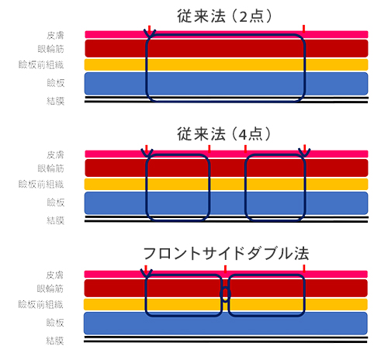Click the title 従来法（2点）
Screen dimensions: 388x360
pyautogui.click(x=224, y=16)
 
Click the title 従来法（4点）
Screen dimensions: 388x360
pyautogui.click(x=224, y=134)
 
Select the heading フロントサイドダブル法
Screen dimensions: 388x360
pyautogui.click(x=226, y=254)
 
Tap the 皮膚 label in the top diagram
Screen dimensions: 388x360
pyautogui.click(x=55, y=36)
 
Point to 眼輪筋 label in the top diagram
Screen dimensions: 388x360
pyautogui.click(x=50, y=49)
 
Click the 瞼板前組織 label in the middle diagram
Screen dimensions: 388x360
pyautogui.click(x=41, y=185)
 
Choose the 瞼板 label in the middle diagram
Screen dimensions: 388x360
pyautogui.click(x=56, y=202)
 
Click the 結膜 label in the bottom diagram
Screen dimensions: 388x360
pyautogui.click(x=55, y=341)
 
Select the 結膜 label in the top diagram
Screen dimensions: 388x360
pyautogui.click(x=55, y=101)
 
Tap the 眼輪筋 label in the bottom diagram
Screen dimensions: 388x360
pyautogui.click(x=50, y=289)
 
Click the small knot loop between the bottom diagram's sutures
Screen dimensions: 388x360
pyautogui.click(x=225, y=293)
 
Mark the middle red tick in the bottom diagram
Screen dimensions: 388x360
pyautogui.click(x=225, y=269)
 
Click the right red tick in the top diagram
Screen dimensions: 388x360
pyautogui.click(x=303, y=29)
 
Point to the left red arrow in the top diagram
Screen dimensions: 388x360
pyautogui.click(x=149, y=29)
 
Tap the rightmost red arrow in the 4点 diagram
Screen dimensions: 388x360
pyautogui.click(x=305, y=149)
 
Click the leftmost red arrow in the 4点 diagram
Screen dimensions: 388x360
pyautogui.click(x=147, y=149)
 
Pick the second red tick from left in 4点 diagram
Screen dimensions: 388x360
pyautogui.click(x=210, y=149)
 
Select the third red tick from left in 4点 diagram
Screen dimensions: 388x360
pyautogui.click(x=245, y=149)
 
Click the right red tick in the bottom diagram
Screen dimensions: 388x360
pyautogui.click(x=304, y=268)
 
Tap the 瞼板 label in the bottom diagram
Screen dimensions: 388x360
pyautogui.click(x=55, y=323)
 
